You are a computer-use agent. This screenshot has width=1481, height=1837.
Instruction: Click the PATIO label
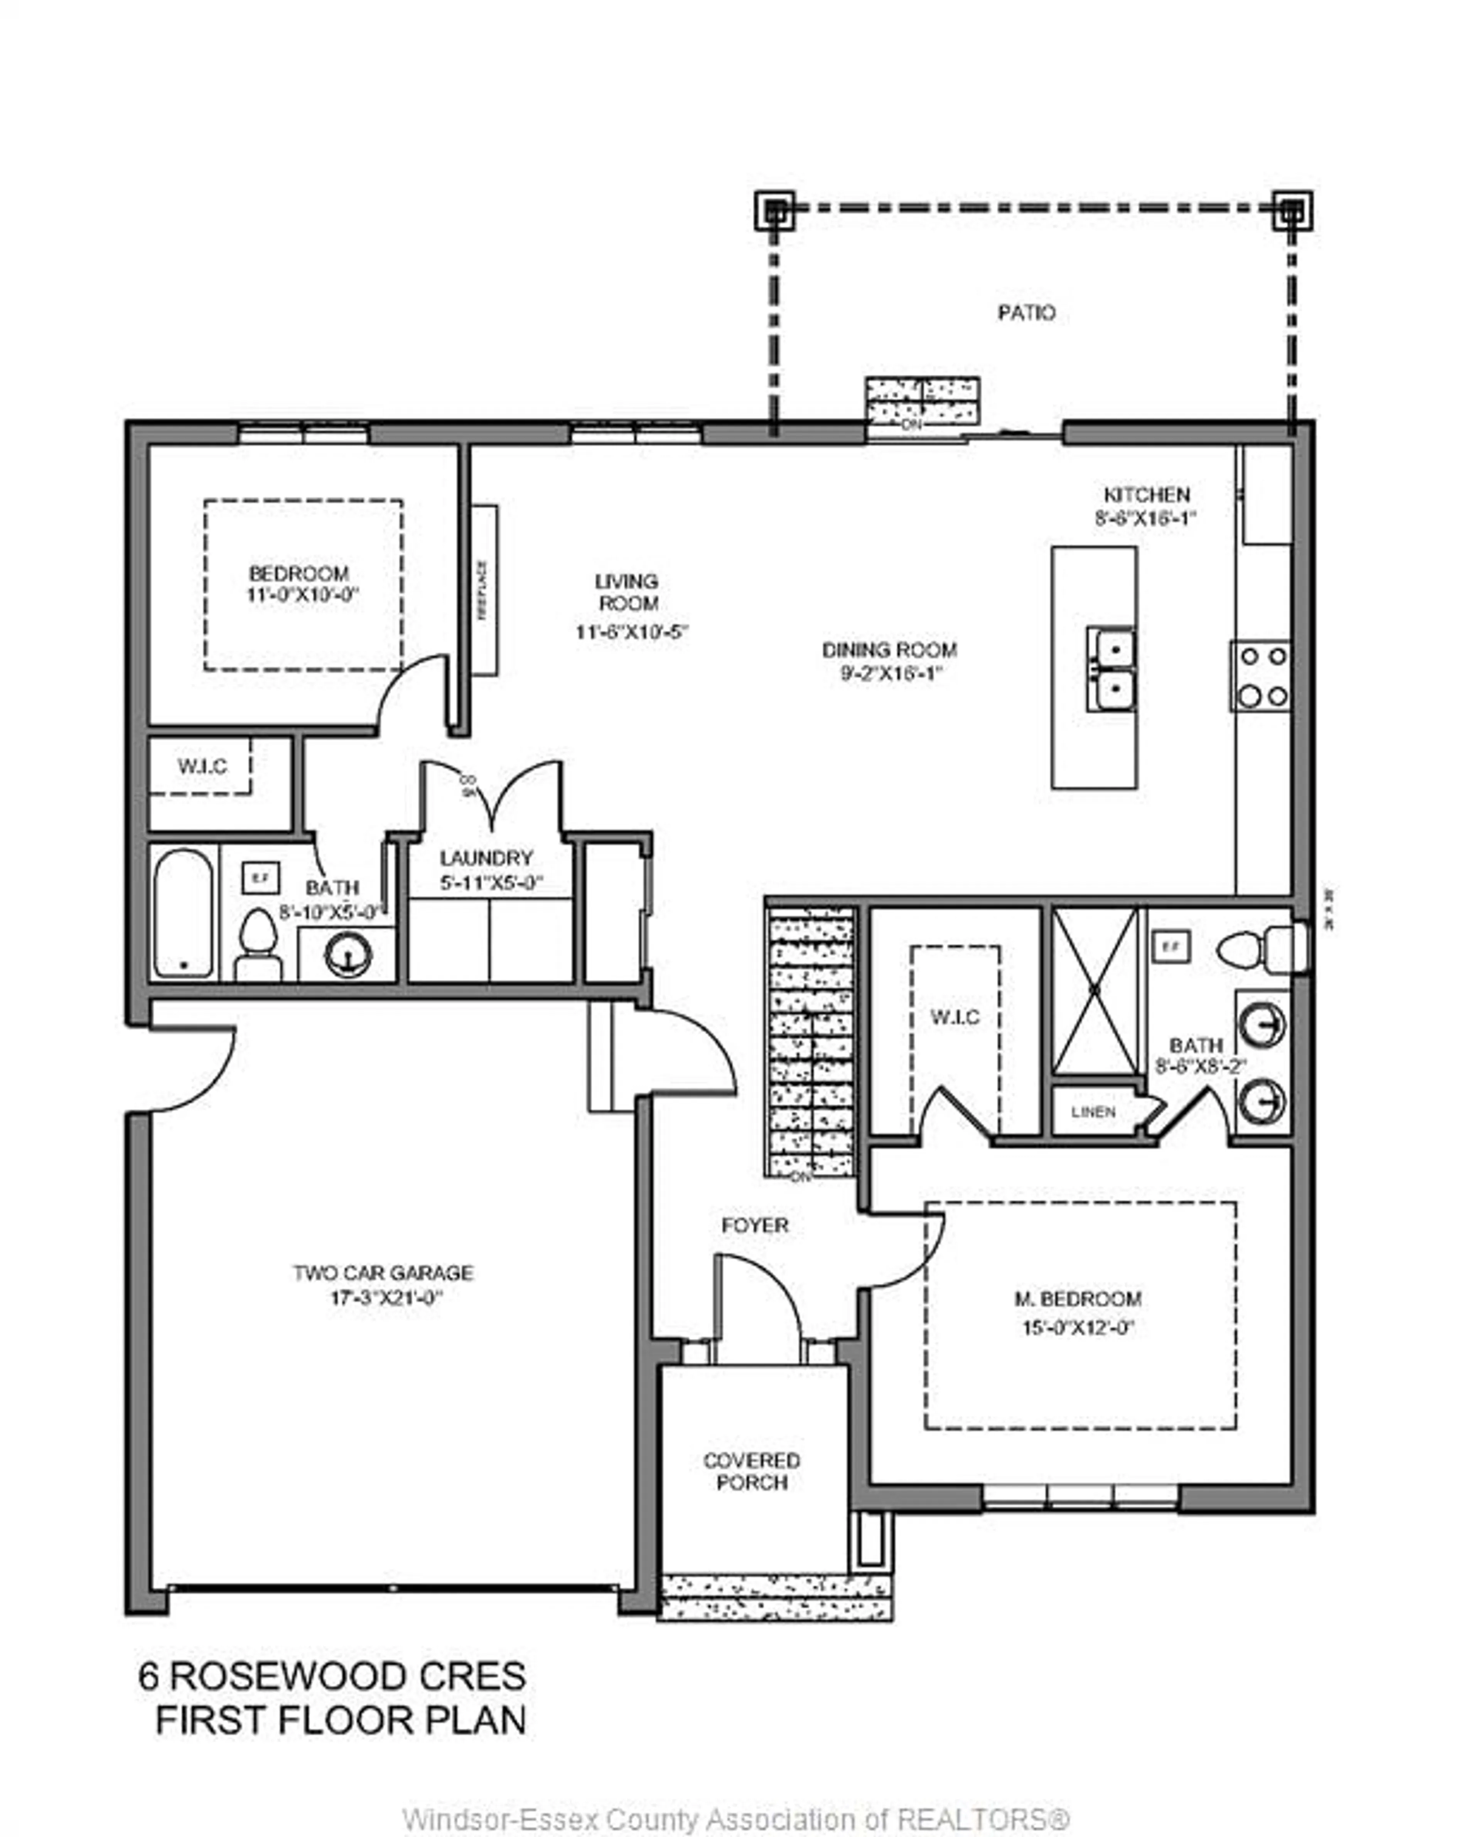coord(1026,313)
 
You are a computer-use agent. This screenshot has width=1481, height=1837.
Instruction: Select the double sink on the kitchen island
coord(1110,669)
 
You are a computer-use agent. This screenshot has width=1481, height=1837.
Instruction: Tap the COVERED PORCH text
coord(752,1471)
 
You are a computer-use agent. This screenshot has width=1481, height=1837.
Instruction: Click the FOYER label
coord(755,1225)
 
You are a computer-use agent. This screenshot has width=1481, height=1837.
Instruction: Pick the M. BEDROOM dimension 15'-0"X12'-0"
coord(1078,1328)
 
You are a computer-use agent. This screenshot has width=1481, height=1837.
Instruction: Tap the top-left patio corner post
coord(774,210)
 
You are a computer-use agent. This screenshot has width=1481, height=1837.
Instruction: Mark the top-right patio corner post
coord(1292,210)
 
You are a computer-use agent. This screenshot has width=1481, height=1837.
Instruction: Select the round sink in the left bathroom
coord(347,954)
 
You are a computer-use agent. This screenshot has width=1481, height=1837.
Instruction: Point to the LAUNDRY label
coord(486,858)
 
